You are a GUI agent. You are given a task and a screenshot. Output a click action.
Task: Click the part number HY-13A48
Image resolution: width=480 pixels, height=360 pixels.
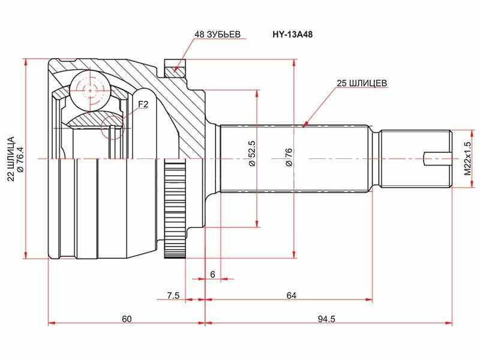pyautogui.click(x=292, y=35)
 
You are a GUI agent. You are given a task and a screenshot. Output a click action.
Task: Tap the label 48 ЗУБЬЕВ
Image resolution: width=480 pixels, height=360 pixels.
pyautogui.click(x=217, y=34)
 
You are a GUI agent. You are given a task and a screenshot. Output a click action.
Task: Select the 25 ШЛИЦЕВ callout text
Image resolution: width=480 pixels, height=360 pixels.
pyautogui.click(x=362, y=83)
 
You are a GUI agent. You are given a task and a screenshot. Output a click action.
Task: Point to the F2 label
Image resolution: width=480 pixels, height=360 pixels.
pyautogui.click(x=143, y=104)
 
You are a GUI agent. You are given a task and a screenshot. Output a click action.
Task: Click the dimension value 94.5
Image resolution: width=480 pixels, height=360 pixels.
pyautogui.click(x=326, y=319)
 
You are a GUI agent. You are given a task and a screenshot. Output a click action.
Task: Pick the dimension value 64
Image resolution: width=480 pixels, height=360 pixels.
pyautogui.click(x=291, y=295)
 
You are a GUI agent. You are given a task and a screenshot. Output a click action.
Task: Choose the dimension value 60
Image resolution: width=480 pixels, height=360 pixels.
pyautogui.click(x=127, y=319)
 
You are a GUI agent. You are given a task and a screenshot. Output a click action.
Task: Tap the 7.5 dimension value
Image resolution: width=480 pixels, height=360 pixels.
pyautogui.click(x=173, y=296)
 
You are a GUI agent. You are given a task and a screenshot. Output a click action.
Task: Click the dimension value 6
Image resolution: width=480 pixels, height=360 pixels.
pyautogui.click(x=213, y=274)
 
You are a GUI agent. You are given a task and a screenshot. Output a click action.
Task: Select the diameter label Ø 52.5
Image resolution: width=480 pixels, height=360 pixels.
pyautogui.click(x=252, y=153)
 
